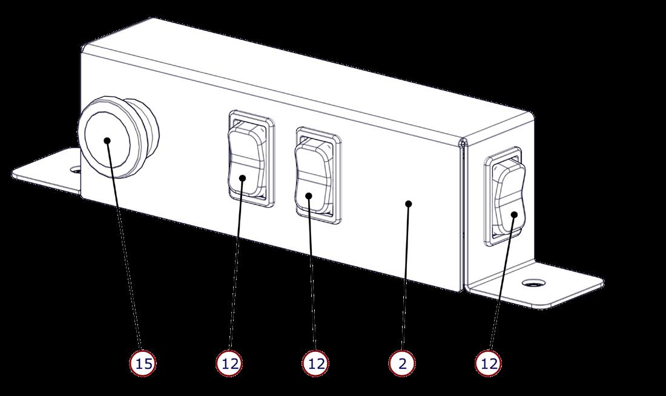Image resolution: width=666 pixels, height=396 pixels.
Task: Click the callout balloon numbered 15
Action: (x=143, y=363)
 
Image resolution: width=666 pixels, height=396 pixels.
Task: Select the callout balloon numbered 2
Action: (x=402, y=363)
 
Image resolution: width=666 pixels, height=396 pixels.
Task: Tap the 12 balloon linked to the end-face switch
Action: (x=489, y=363)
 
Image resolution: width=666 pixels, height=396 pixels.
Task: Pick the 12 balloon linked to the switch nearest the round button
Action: (x=229, y=363)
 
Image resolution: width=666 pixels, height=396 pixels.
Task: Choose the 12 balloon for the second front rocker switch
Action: (x=315, y=363)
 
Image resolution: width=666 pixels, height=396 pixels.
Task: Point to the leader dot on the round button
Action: (x=107, y=141)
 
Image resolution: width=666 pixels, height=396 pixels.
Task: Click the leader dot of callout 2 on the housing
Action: (x=409, y=204)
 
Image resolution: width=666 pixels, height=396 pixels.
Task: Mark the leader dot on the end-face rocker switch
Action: (x=513, y=214)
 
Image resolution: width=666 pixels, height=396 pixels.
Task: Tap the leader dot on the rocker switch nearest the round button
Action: (x=242, y=178)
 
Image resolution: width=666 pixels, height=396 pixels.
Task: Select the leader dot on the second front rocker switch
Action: (x=308, y=195)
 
